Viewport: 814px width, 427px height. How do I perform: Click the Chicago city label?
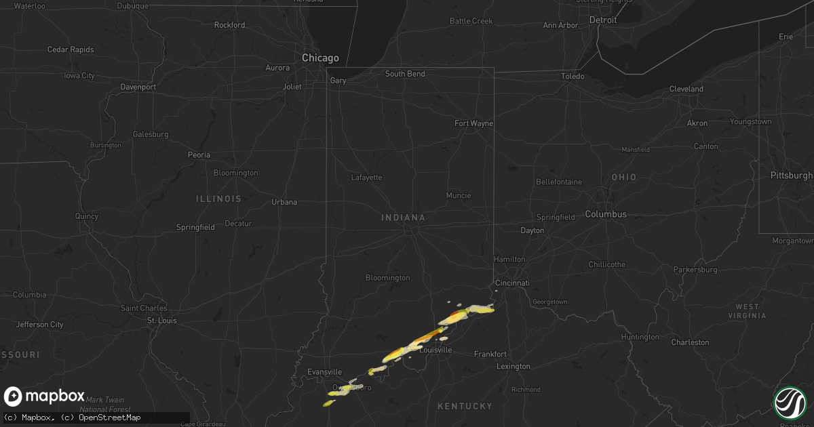click(x=320, y=58)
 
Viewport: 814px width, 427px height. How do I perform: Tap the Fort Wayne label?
click(x=473, y=123)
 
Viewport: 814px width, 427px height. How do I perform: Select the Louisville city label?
click(x=435, y=350)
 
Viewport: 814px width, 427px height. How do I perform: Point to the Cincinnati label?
click(x=512, y=283)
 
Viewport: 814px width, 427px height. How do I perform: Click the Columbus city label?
click(x=606, y=214)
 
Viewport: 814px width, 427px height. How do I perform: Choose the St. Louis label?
click(x=162, y=321)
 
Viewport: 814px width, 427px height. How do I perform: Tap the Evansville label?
click(x=325, y=372)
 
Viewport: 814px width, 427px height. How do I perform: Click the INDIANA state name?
click(x=404, y=218)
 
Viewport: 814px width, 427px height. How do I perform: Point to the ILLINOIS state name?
click(x=218, y=199)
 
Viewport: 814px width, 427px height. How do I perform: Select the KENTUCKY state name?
click(x=465, y=406)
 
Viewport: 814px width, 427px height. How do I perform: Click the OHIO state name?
click(x=623, y=177)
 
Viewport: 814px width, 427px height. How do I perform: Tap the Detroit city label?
click(x=602, y=20)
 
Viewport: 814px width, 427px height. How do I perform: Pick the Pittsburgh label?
click(x=791, y=175)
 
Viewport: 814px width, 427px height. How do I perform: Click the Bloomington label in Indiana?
click(x=387, y=278)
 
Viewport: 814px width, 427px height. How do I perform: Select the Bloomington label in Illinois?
click(x=235, y=173)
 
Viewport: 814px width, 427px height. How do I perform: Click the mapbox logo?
click(x=45, y=396)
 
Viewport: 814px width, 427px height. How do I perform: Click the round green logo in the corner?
click(x=790, y=402)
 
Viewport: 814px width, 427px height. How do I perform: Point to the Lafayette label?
click(x=366, y=178)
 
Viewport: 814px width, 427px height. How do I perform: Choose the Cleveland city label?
click(x=686, y=89)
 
